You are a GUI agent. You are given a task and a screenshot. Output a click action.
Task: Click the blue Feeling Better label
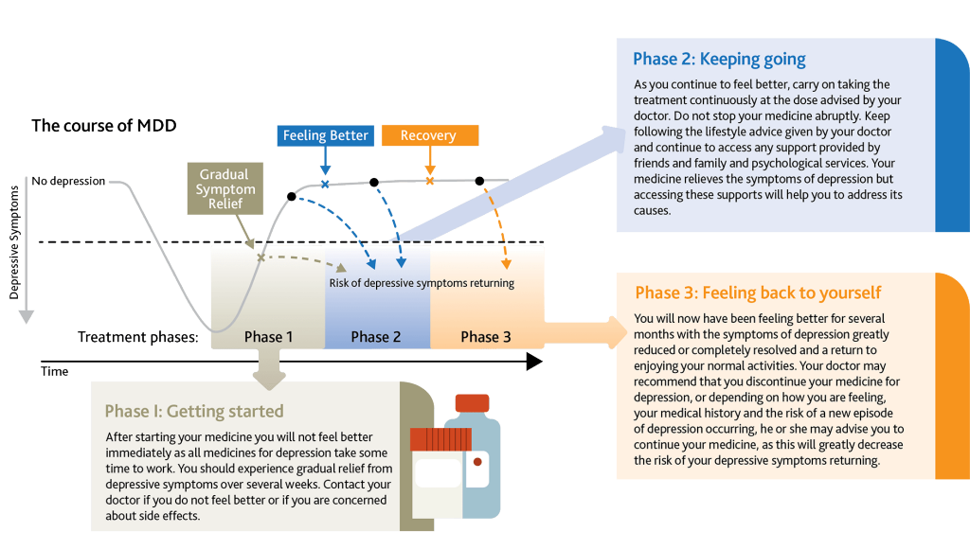325,135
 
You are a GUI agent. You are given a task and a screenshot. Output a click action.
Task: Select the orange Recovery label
428,135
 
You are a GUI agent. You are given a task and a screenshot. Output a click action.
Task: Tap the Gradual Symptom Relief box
224,189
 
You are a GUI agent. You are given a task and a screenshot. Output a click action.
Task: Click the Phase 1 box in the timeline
268,336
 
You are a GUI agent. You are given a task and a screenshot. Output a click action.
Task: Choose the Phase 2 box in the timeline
376,336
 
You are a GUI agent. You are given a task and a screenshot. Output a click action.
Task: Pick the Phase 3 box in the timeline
486,336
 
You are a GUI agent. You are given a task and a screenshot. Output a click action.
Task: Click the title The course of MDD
104,125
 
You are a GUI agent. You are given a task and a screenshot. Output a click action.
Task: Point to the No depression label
68,181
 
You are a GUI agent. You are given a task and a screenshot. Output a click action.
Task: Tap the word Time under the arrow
54,372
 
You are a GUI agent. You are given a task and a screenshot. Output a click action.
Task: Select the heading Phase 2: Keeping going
719,60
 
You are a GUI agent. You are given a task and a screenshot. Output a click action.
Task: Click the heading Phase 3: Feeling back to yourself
758,293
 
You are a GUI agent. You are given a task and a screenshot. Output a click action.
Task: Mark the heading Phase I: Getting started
194,411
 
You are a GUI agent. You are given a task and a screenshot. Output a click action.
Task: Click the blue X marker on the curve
325,184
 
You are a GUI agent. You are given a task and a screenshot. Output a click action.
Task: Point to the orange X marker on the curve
429,181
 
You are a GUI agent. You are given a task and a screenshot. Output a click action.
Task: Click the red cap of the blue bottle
472,403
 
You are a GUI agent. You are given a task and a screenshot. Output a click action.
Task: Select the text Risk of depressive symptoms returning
422,283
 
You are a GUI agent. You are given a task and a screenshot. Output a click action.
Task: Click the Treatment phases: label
137,337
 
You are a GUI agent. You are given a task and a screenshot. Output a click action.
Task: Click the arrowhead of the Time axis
533,361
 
